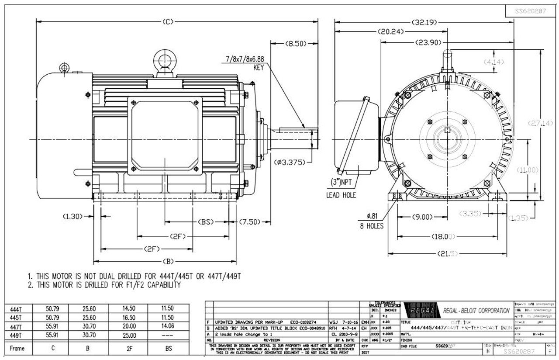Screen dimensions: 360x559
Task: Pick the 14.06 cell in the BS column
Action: pyautogui.click(x=168, y=326)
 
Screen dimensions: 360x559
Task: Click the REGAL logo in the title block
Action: pyautogui.click(x=421, y=311)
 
